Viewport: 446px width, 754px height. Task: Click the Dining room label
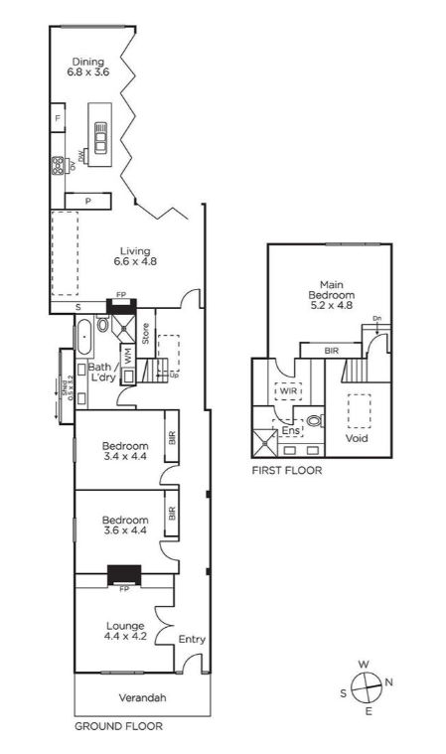(85, 67)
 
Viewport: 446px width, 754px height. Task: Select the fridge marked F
(59, 119)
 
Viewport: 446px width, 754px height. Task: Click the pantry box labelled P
(87, 201)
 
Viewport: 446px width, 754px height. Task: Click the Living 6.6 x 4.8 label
(135, 256)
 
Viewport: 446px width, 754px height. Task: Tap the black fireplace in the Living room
(121, 305)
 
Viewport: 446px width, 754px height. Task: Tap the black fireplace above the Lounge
(125, 575)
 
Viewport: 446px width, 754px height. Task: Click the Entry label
(192, 639)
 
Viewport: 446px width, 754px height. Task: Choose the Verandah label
(142, 698)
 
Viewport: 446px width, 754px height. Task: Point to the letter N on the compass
(388, 681)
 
